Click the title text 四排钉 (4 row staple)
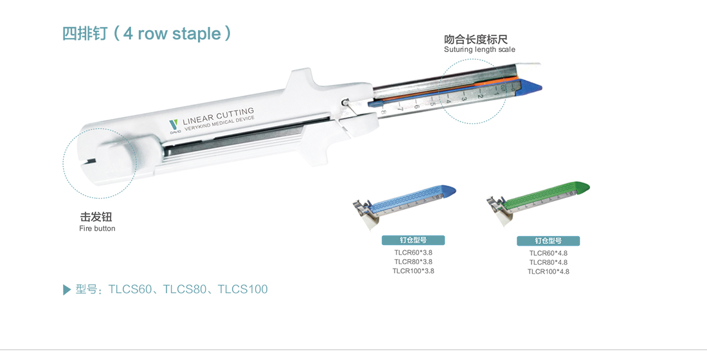pos(147,34)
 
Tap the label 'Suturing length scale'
pos(479,50)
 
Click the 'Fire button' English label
pos(97,229)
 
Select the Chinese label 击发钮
pos(96,217)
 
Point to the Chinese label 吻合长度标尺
pos(476,39)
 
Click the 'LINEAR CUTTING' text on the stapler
pos(219,116)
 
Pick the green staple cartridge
pos(539,202)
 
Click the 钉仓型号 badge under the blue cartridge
pos(413,240)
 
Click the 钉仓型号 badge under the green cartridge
pos(548,241)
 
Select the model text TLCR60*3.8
pos(413,253)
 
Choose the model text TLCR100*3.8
pos(413,271)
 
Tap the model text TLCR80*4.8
pos(548,262)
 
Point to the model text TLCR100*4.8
pos(548,271)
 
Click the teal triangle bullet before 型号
pos(67,290)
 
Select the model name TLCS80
pos(184,289)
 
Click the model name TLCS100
pos(242,289)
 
